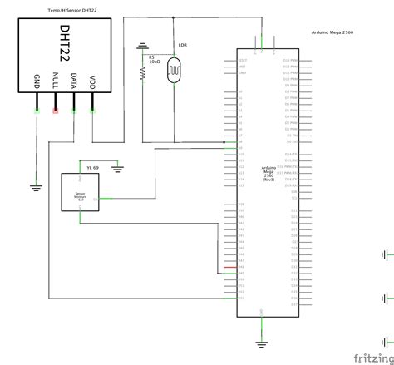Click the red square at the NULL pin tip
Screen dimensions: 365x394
tap(56, 110)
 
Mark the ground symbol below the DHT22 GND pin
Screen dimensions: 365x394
tap(37, 187)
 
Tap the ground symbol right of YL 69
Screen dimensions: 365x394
tap(118, 169)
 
